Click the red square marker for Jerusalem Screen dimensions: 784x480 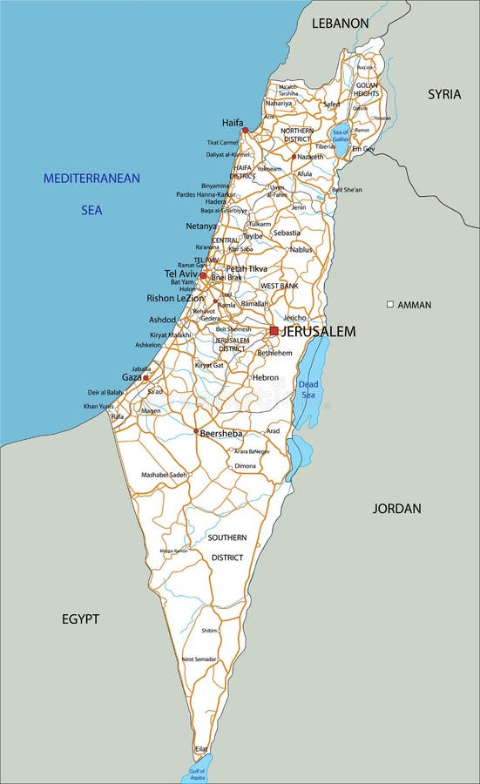pos(274,331)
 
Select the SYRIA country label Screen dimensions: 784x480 pos(443,94)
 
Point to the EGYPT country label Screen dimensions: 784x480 pos(80,618)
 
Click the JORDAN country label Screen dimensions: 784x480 pos(396,508)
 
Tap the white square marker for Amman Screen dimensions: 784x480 pos(390,305)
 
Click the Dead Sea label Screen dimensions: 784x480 pos(308,389)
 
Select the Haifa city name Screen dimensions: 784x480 pos(233,123)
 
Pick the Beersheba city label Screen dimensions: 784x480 pos(220,433)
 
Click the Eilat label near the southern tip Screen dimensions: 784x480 pos(201,748)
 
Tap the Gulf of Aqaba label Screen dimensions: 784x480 pos(197,774)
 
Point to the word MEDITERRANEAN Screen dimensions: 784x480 pos(91,179)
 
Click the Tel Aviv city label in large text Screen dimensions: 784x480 pos(181,274)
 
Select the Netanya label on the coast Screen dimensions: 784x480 pos(201,226)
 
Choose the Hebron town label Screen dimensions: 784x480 pos(265,377)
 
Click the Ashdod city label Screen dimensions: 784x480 pos(163,320)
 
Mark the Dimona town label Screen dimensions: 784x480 pos(246,466)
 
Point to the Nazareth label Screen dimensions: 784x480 pos(310,157)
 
